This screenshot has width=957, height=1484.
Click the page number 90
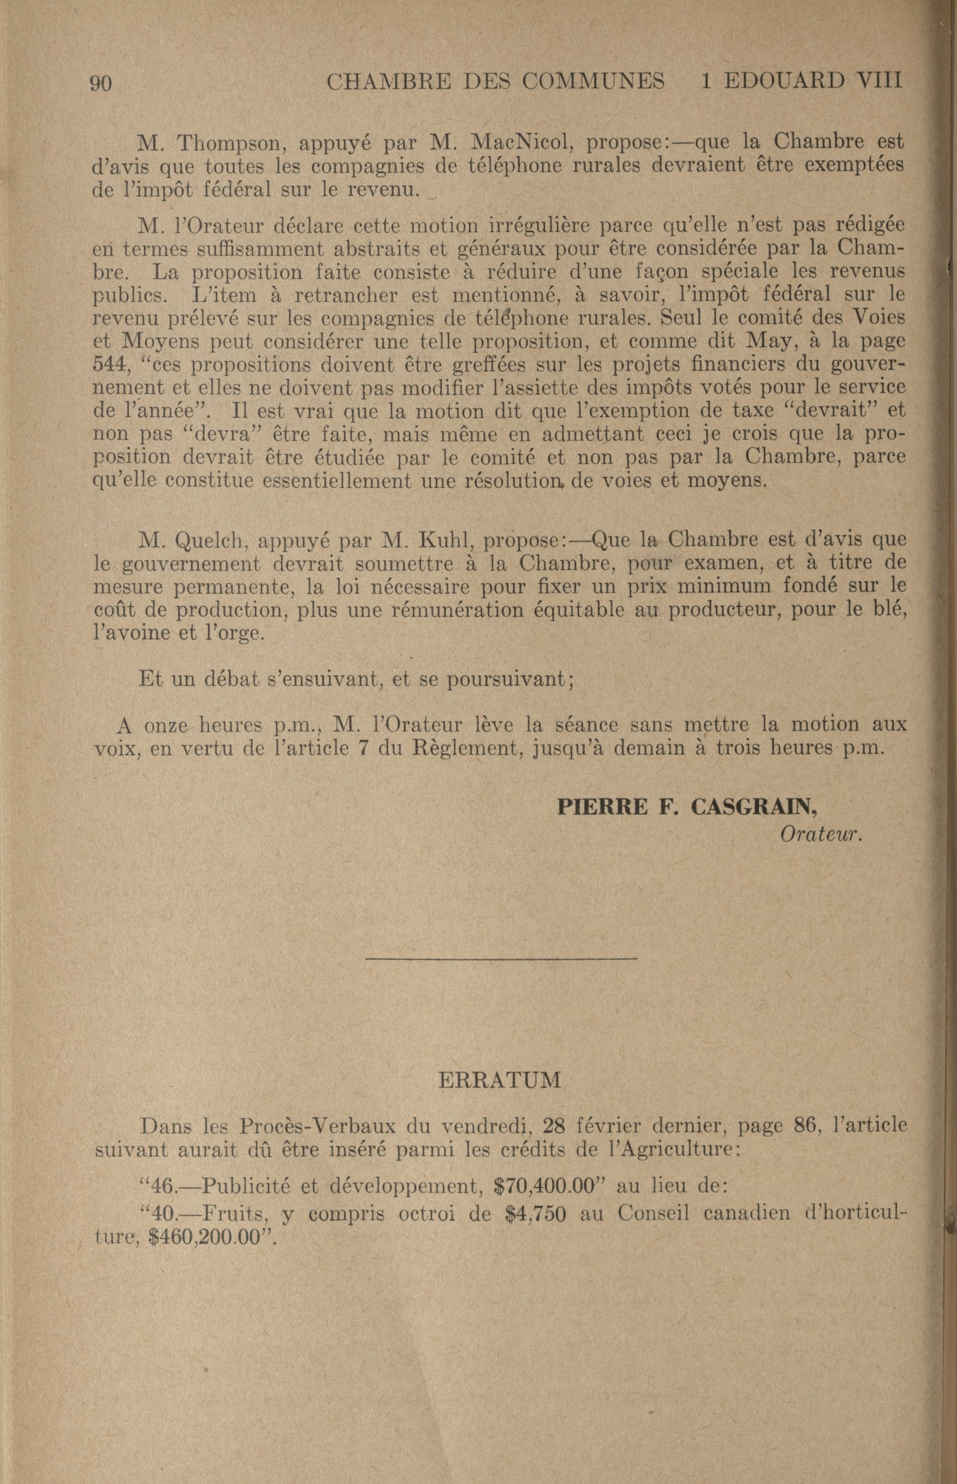click(x=101, y=82)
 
